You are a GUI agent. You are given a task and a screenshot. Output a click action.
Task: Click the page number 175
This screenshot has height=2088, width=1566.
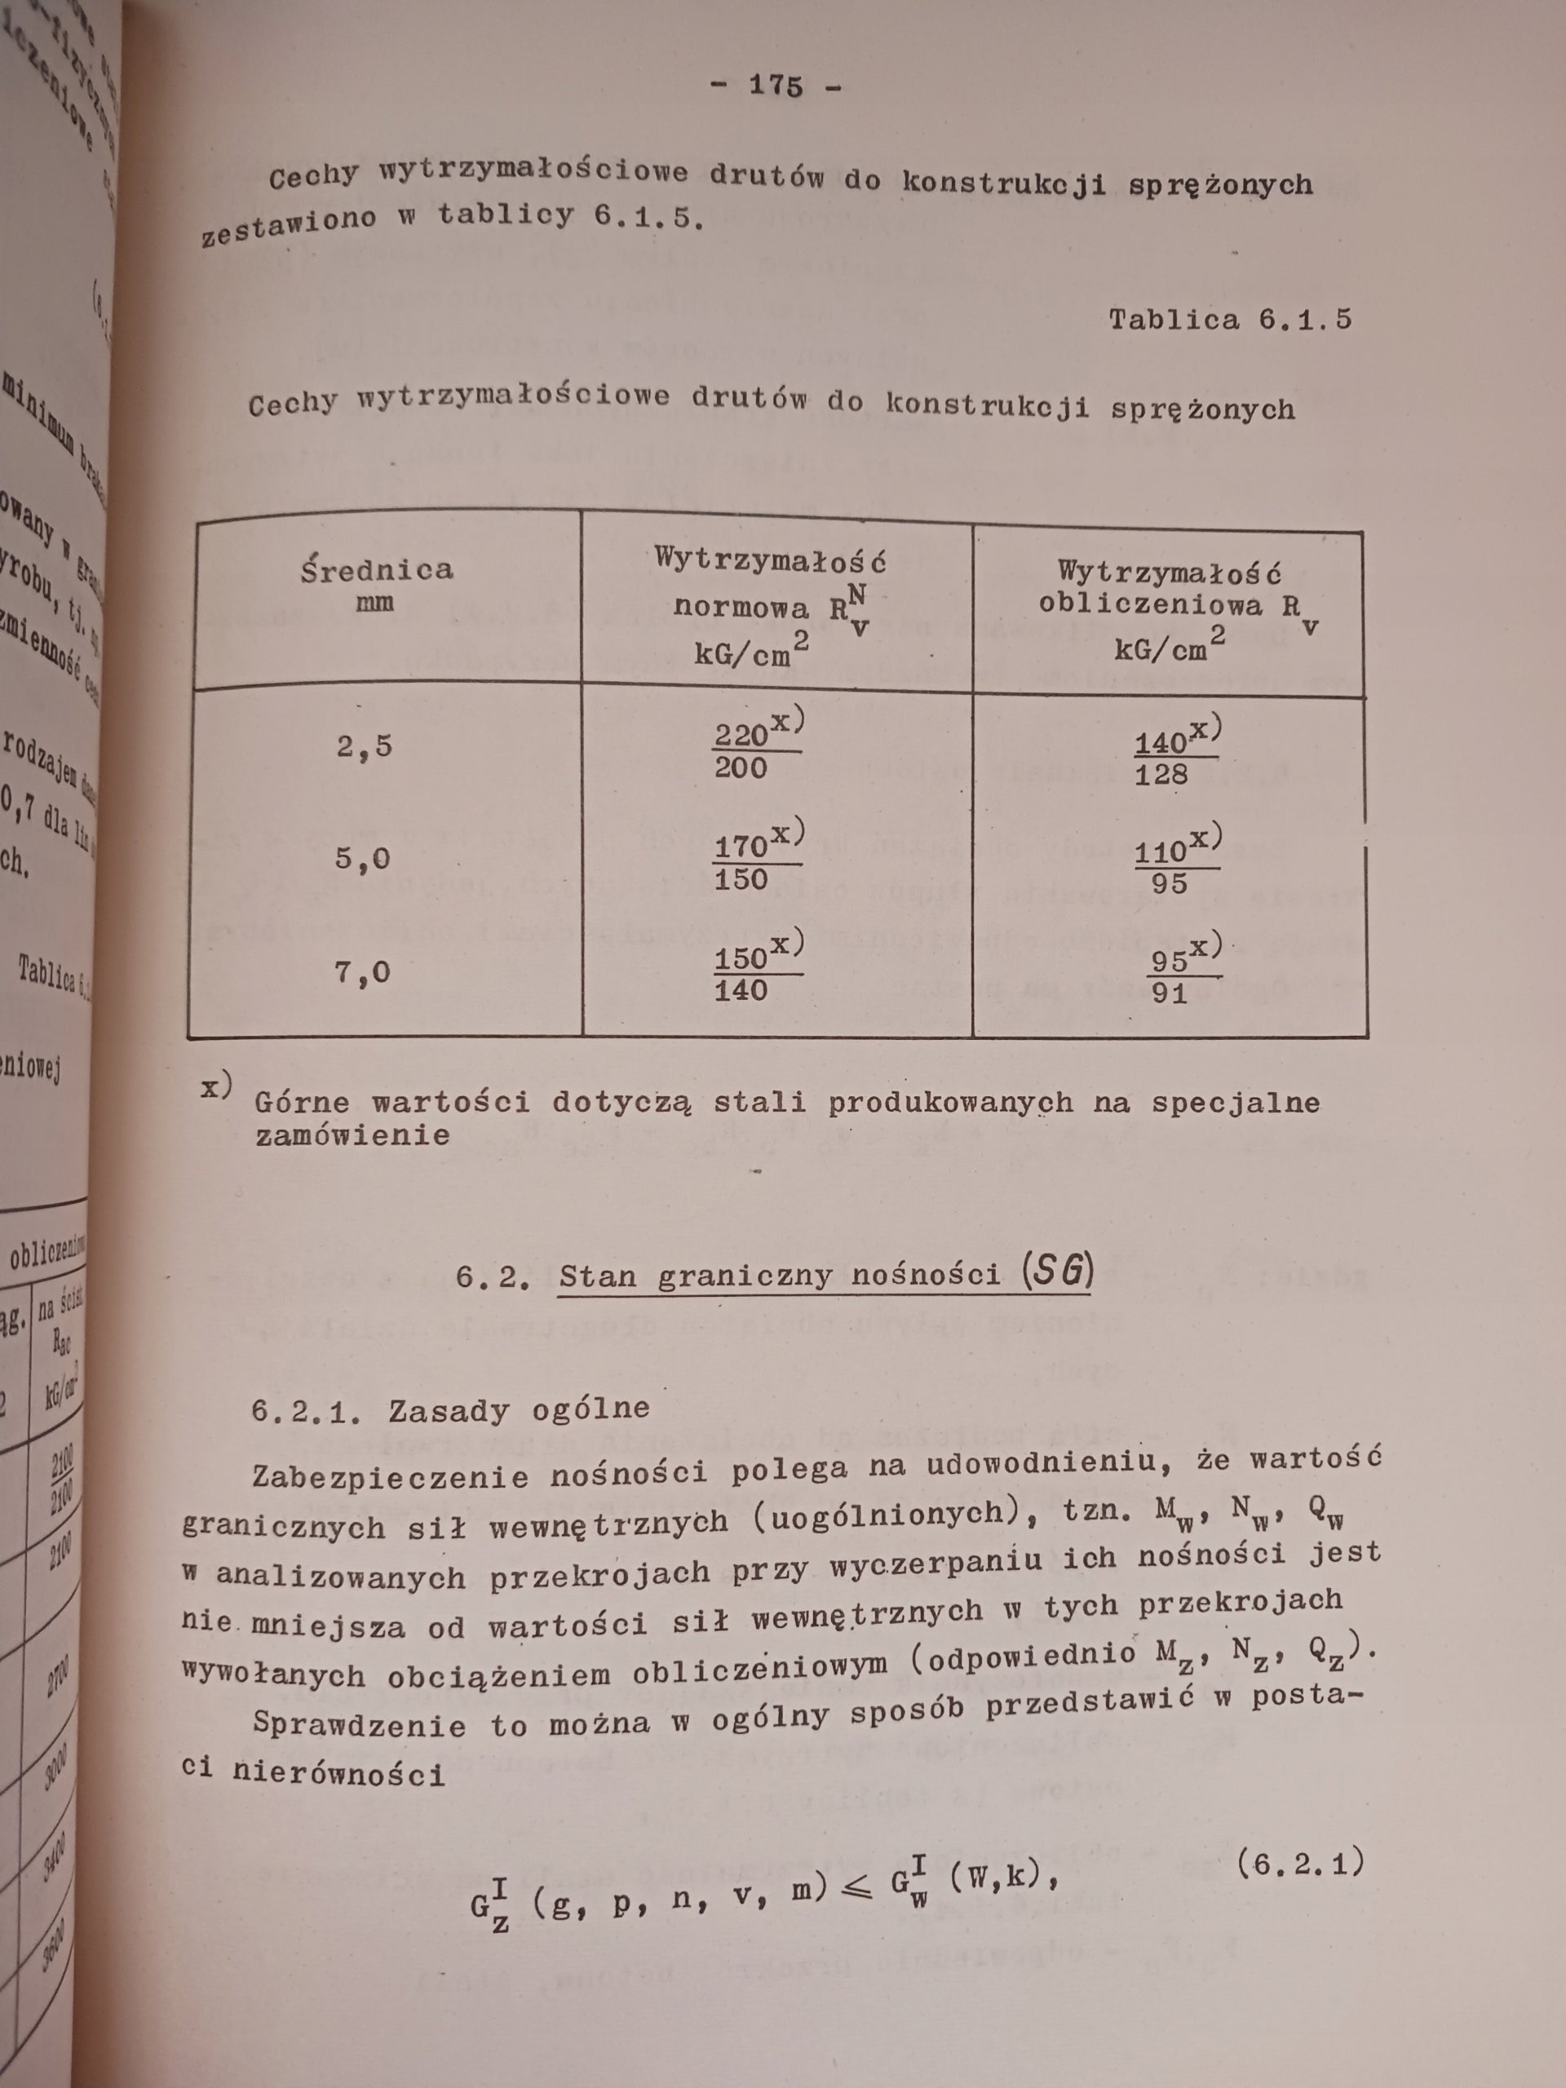(x=775, y=86)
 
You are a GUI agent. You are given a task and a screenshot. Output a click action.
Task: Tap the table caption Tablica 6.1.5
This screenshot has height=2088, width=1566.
(x=1230, y=319)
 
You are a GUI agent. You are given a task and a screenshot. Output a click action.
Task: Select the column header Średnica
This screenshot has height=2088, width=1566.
(x=377, y=570)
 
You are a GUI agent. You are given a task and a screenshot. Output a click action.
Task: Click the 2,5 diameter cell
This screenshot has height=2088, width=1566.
(x=365, y=746)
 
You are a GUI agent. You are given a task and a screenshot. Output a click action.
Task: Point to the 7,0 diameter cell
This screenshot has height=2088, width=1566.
(x=362, y=972)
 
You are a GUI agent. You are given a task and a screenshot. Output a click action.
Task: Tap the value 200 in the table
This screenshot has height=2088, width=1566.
(x=741, y=768)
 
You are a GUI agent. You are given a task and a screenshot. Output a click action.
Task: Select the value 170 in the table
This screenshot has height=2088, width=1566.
(x=740, y=847)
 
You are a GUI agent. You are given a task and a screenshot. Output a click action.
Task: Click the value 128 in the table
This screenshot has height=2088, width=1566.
(x=1162, y=775)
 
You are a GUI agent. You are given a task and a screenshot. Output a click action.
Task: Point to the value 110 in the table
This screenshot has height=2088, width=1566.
(x=1160, y=852)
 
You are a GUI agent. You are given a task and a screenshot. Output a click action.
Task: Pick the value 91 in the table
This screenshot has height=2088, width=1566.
(x=1170, y=994)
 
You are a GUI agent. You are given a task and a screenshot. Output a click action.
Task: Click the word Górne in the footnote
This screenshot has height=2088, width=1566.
(x=301, y=1103)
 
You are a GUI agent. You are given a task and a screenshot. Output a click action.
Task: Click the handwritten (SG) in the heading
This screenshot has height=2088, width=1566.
(x=1056, y=1273)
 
